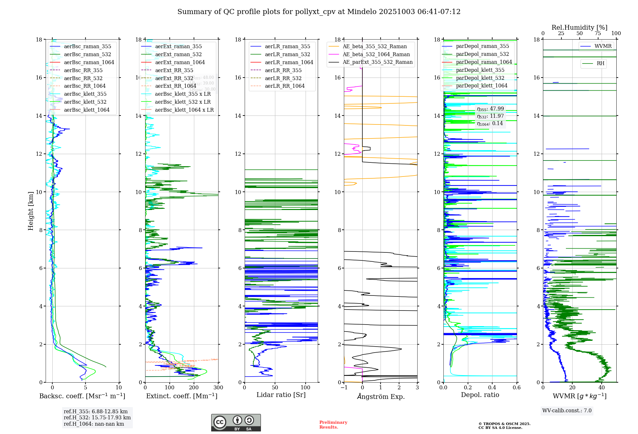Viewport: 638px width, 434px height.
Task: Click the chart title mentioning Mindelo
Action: tap(319, 12)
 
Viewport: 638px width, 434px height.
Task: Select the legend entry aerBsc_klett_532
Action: tap(85, 102)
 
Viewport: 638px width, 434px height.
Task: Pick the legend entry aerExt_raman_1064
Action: tap(180, 62)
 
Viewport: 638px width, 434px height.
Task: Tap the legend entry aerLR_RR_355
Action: tap(283, 70)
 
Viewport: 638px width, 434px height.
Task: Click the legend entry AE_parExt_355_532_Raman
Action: tap(377, 62)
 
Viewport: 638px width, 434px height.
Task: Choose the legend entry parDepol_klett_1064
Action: tap(481, 86)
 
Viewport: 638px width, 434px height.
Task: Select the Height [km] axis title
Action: tap(31, 211)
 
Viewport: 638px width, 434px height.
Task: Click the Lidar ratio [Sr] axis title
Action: tap(281, 395)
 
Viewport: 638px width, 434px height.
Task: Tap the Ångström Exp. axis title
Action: tap(381, 396)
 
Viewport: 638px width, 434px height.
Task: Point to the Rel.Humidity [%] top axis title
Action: tap(579, 27)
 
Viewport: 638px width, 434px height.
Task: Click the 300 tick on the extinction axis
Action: tap(218, 387)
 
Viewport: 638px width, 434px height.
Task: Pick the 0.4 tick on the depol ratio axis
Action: tap(492, 387)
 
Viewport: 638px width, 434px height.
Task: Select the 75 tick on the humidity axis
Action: tap(597, 34)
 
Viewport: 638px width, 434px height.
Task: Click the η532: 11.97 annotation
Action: tap(490, 116)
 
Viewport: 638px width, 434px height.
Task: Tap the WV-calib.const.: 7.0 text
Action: tap(567, 410)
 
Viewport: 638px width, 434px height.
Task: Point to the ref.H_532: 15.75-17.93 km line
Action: tap(97, 417)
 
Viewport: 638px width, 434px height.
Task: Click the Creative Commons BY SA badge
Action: tap(236, 423)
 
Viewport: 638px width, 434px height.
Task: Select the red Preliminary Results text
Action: tap(333, 424)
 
